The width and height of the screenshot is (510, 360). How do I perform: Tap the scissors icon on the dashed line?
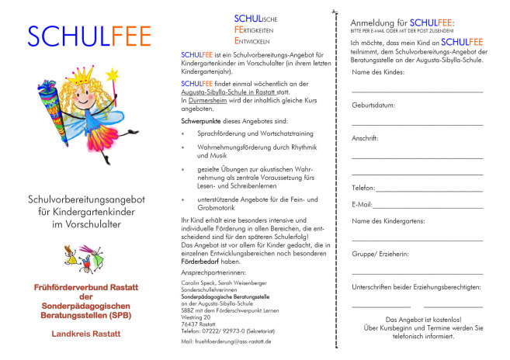tap(335, 13)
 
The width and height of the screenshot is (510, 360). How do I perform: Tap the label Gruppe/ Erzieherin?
tap(380, 254)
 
